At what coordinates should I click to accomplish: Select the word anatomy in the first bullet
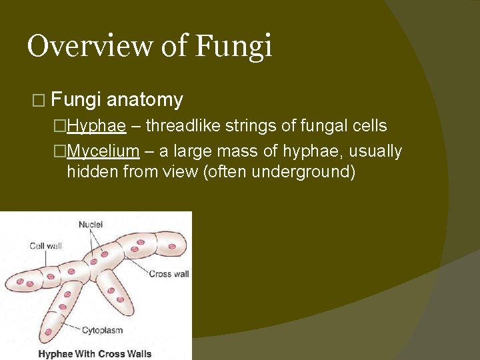(145, 100)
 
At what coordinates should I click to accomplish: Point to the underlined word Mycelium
(103, 151)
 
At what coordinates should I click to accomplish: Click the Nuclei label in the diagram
(91, 225)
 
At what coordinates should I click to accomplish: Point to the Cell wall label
(45, 246)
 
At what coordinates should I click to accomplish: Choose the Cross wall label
(169, 273)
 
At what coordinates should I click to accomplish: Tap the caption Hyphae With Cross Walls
(95, 353)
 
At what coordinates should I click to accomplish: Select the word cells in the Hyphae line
(367, 126)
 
